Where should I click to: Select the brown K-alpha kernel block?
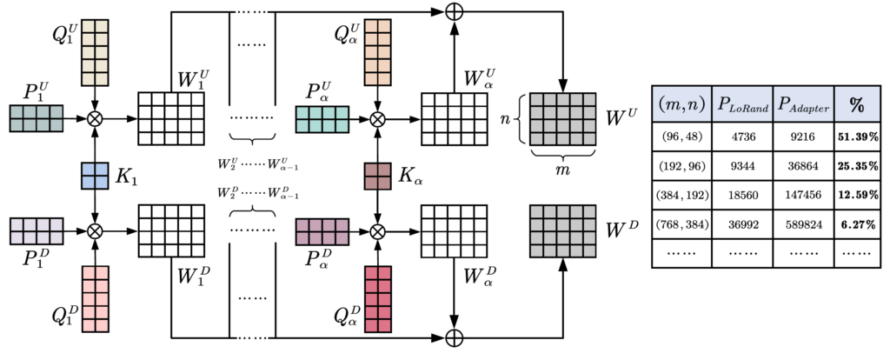coord(376,176)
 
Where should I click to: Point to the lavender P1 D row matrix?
coord(36,231)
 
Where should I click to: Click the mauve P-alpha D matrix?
coord(322,231)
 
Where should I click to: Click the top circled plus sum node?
coord(452,12)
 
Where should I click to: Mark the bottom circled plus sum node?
coord(452,337)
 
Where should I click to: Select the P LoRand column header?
coord(741,105)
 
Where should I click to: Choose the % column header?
coord(856,105)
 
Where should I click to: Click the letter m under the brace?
coord(562,167)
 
